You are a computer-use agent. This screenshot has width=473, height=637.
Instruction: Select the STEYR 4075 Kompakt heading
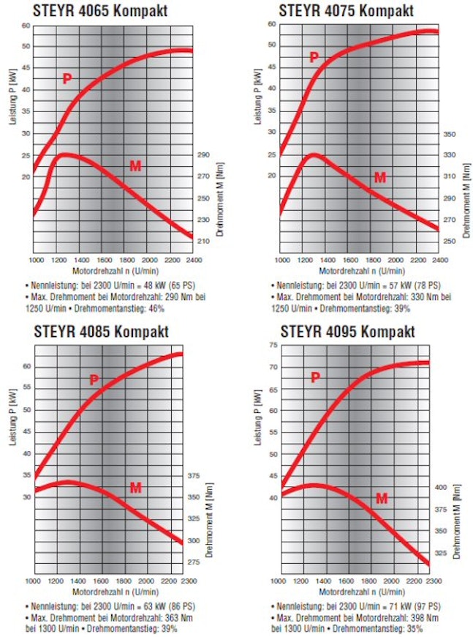click(346, 11)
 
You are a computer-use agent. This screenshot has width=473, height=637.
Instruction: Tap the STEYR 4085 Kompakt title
click(101, 331)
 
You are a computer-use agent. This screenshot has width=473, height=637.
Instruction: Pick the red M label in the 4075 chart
click(379, 177)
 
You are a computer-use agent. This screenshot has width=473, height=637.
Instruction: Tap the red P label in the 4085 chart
click(94, 379)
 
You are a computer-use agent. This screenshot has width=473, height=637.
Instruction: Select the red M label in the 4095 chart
click(382, 499)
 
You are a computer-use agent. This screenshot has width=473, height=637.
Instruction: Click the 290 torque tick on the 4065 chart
click(203, 155)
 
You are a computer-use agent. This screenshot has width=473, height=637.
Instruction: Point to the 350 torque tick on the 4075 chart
click(450, 135)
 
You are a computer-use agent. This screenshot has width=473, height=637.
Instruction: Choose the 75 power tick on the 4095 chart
click(272, 345)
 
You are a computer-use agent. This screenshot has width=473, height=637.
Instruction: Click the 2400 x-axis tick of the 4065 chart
click(192, 260)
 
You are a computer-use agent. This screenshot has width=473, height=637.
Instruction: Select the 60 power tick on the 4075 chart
click(271, 24)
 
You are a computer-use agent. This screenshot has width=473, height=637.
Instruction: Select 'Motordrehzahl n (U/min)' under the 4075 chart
click(360, 270)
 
